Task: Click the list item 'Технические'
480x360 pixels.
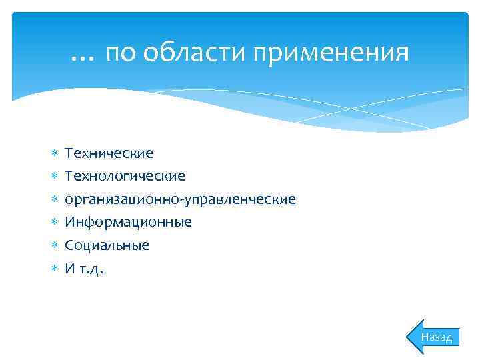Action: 109,153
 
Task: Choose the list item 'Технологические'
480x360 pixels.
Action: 125,176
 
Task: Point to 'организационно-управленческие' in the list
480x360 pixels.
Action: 180,199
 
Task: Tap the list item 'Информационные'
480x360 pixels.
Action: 128,222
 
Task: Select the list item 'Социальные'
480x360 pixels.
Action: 107,245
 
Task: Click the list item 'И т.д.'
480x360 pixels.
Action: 84,268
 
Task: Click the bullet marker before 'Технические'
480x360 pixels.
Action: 55,154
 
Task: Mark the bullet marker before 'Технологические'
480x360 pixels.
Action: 55,177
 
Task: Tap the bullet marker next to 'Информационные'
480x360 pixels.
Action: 55,223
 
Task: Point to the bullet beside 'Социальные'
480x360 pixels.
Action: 55,246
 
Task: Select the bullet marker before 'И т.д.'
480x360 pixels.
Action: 55,269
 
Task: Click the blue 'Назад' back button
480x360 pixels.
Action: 435,337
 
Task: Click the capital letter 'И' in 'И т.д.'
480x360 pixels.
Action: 69,268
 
